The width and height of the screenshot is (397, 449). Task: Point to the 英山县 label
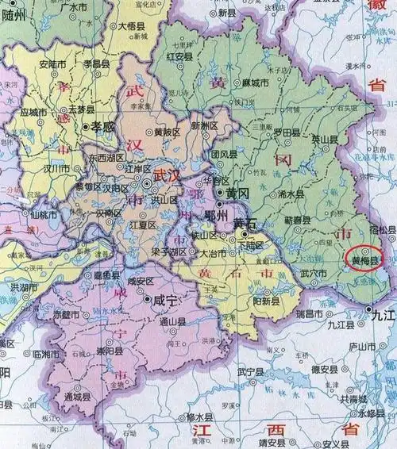[324, 138]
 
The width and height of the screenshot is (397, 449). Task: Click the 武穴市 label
[314, 274]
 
